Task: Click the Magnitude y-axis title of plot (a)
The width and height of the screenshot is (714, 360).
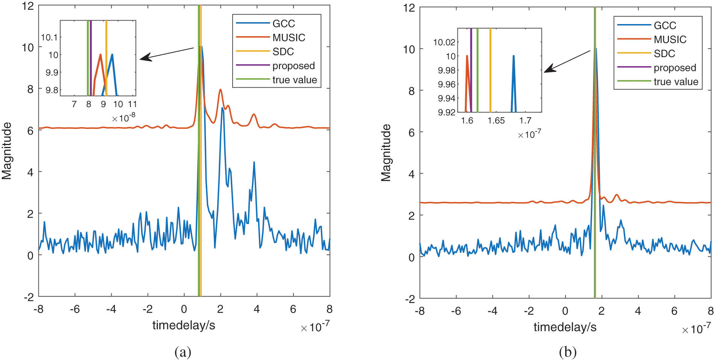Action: coord(7,151)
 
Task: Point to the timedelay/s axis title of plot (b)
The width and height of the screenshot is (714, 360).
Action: coord(565,327)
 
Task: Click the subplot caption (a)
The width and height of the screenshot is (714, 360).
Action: coord(183,352)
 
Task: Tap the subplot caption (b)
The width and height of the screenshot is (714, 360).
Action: coord(567,352)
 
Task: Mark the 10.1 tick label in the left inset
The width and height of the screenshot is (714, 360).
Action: coord(49,37)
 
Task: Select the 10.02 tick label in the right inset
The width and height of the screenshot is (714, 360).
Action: coord(444,42)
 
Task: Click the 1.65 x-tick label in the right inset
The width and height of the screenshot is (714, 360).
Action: coord(496,121)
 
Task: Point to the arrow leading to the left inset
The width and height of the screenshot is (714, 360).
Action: coord(165,53)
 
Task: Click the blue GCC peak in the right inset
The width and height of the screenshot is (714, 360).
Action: coord(513,58)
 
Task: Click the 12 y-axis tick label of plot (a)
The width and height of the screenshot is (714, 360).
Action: coord(28,6)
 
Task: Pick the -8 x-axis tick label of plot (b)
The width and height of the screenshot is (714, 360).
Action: coord(420,311)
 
